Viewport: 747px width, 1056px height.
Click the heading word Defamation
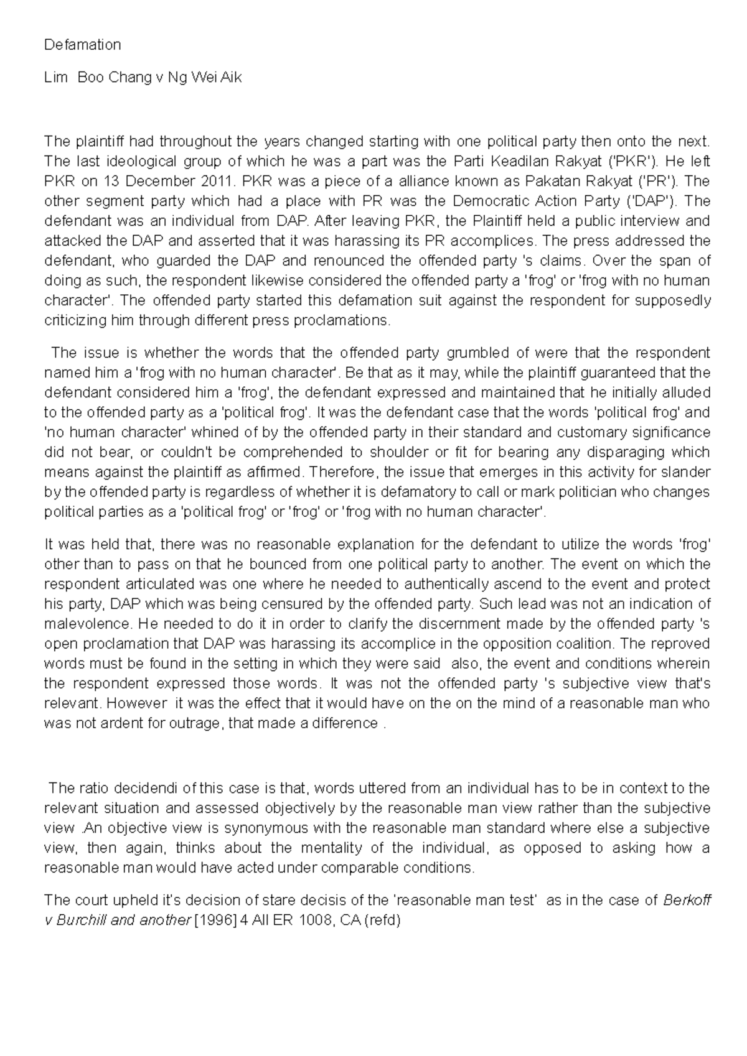[x=82, y=45]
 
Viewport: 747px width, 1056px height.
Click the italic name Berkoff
[x=688, y=901]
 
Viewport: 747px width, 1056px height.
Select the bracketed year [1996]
[x=212, y=920]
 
